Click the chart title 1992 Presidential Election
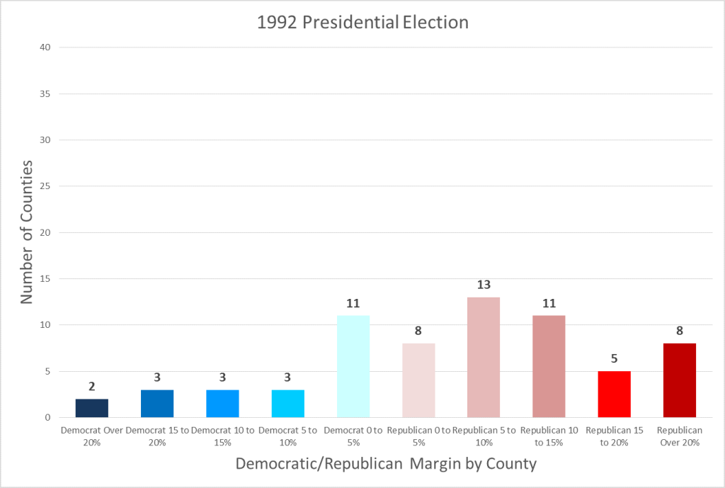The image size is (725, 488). click(362, 22)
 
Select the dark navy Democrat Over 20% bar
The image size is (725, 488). click(92, 408)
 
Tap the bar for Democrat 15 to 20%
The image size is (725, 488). click(157, 404)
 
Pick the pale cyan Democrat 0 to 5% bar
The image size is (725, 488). click(353, 366)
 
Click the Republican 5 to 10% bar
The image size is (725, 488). click(484, 357)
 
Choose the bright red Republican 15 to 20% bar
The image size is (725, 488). click(614, 395)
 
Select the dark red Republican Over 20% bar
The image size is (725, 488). click(679, 380)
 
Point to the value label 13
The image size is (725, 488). click(484, 285)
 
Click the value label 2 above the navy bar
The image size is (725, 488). click(92, 387)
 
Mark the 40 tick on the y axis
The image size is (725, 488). click(44, 47)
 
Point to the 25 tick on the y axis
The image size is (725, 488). click(44, 186)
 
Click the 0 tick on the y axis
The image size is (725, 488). click(47, 417)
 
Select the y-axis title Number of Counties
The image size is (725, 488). click(27, 232)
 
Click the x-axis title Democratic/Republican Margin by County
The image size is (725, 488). click(386, 464)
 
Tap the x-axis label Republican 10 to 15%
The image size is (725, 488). click(549, 436)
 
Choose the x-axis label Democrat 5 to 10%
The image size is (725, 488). click(287, 436)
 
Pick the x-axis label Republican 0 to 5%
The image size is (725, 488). click(418, 436)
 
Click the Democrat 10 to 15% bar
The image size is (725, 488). click(222, 404)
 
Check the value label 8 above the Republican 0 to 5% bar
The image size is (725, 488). click(418, 331)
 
